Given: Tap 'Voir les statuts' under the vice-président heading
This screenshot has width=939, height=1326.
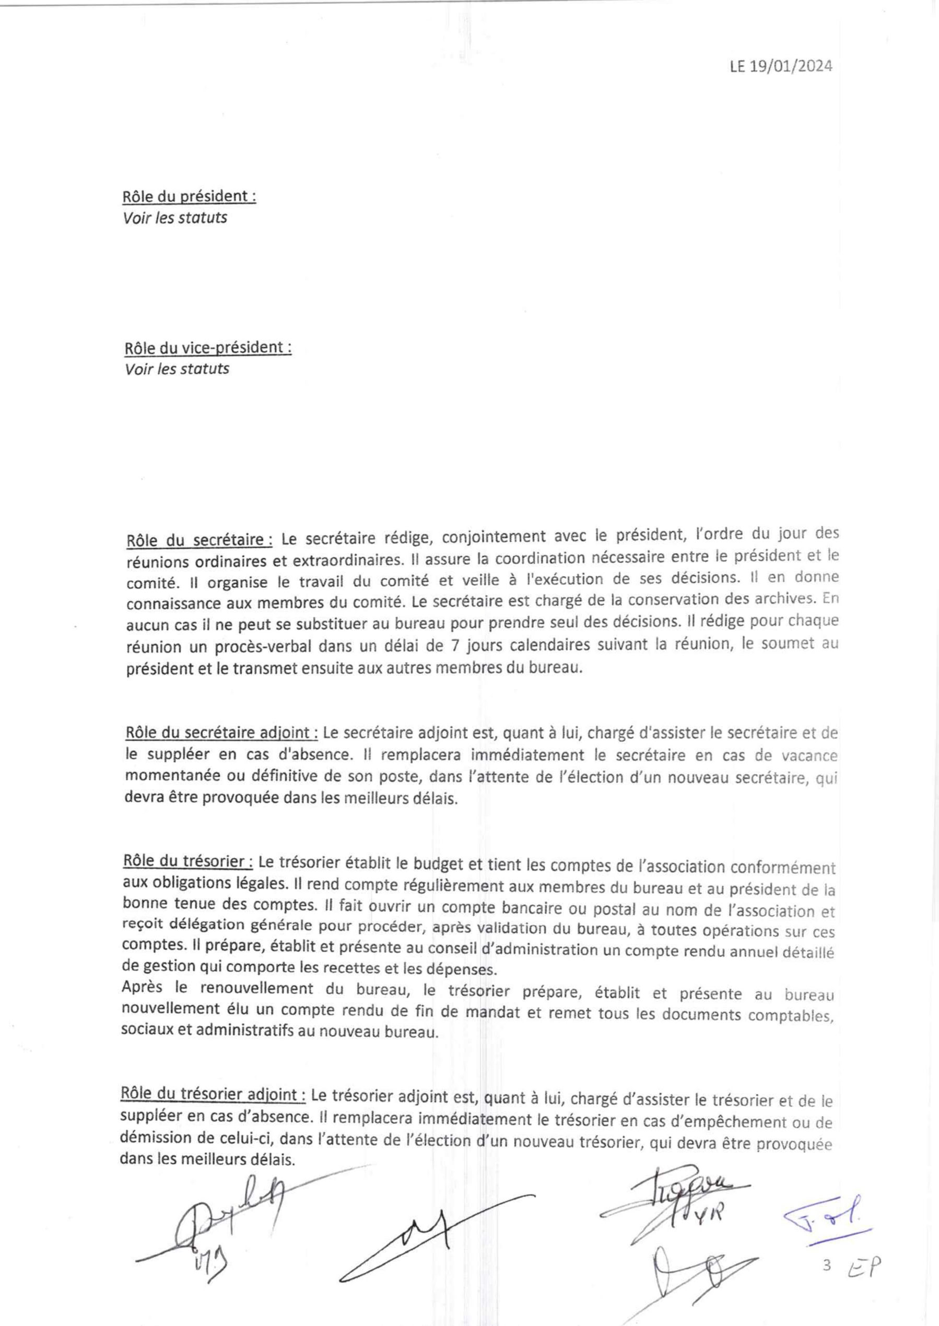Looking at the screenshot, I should click(177, 369).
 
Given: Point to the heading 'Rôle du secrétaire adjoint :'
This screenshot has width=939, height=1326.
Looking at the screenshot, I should click(221, 733).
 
